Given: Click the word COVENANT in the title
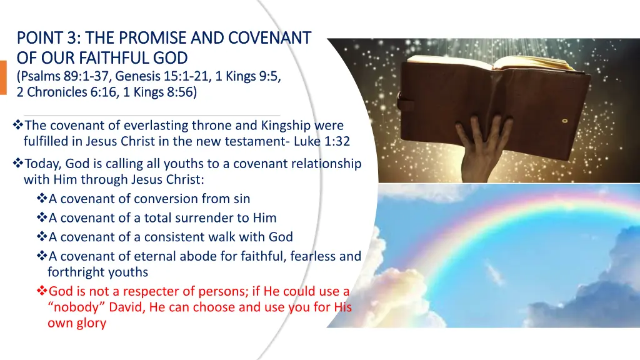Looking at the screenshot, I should click(x=270, y=38).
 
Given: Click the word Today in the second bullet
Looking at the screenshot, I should click(x=42, y=164).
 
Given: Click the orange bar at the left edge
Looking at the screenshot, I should click(x=3, y=77).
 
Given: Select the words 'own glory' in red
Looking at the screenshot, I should click(x=76, y=323).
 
